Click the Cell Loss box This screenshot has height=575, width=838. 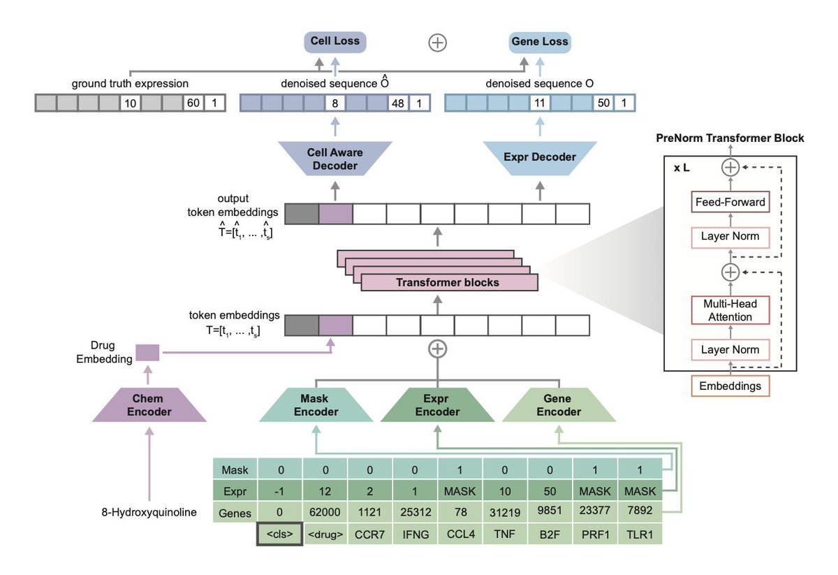pos(335,41)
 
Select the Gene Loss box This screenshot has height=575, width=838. pos(538,41)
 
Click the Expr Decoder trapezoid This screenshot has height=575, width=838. pos(539,157)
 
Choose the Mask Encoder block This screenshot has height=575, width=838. pos(316,405)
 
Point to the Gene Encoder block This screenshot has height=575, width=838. pos(559,405)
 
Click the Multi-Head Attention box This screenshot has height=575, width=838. pos(730,310)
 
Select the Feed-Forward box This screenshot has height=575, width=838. pos(730,203)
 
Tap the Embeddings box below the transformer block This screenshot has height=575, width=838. pos(730,386)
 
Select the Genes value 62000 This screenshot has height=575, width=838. pos(325,513)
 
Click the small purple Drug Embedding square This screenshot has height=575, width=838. pos(147,353)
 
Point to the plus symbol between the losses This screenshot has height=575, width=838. pos(437,42)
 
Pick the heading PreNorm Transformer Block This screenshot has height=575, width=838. pos(730,138)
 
